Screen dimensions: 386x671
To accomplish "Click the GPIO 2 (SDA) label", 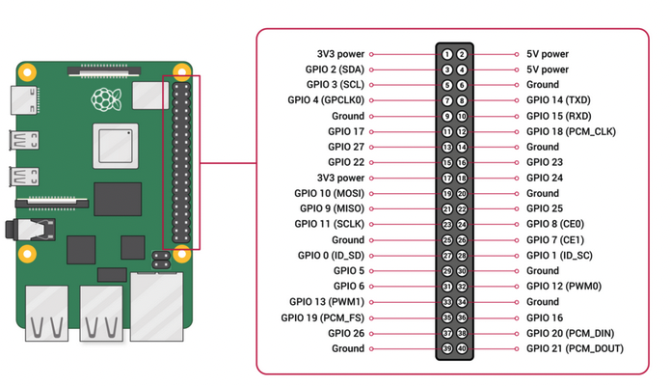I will [x=333, y=69].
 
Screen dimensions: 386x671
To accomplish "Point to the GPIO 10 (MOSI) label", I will [x=329, y=193].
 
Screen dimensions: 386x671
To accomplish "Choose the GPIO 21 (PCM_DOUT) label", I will [x=576, y=347].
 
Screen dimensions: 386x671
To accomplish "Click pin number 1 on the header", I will [x=447, y=54].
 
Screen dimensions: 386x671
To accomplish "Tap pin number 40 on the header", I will [x=462, y=347].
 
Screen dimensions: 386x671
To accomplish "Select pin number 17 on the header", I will [x=447, y=178].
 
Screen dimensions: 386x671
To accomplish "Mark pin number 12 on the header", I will [x=462, y=131].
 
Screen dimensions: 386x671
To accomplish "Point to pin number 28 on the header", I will [x=462, y=255].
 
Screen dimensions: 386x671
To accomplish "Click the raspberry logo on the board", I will [x=102, y=97].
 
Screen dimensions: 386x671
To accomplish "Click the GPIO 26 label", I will [x=346, y=332].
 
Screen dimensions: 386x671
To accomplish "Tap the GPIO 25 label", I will [x=545, y=208].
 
